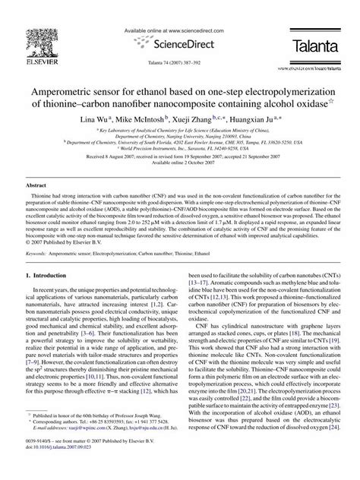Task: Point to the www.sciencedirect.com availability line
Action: click(x=179, y=30)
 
